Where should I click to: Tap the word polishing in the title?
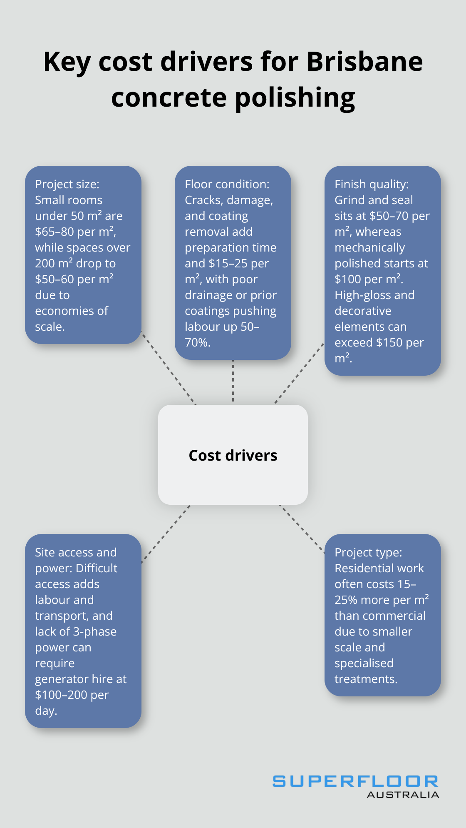[295, 98]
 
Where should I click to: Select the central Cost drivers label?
[233, 455]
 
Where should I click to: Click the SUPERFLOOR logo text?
[355, 781]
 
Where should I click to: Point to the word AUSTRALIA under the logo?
[403, 795]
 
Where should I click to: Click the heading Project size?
[67, 184]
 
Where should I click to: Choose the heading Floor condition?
[227, 184]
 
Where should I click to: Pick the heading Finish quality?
[372, 184]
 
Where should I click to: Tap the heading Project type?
[368, 552]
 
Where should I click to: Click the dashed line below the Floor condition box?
[233, 381]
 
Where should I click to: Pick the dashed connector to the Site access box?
[166, 534]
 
